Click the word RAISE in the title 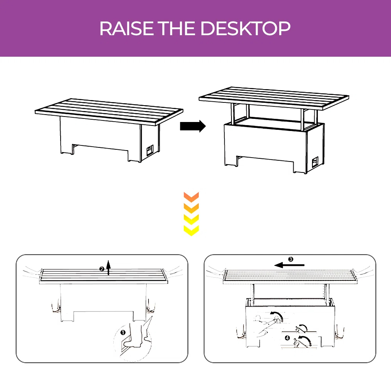126,28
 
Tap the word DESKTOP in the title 246,28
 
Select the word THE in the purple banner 177,28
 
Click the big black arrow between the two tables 193,126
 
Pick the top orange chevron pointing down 191,197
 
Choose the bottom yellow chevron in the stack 191,231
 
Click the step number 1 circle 123,332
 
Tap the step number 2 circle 102,269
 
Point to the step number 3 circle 291,259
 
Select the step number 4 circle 287,338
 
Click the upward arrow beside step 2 108,267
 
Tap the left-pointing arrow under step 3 289,265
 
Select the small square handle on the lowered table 150,151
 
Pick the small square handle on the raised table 315,162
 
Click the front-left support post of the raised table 232,114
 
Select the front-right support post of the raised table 302,119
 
